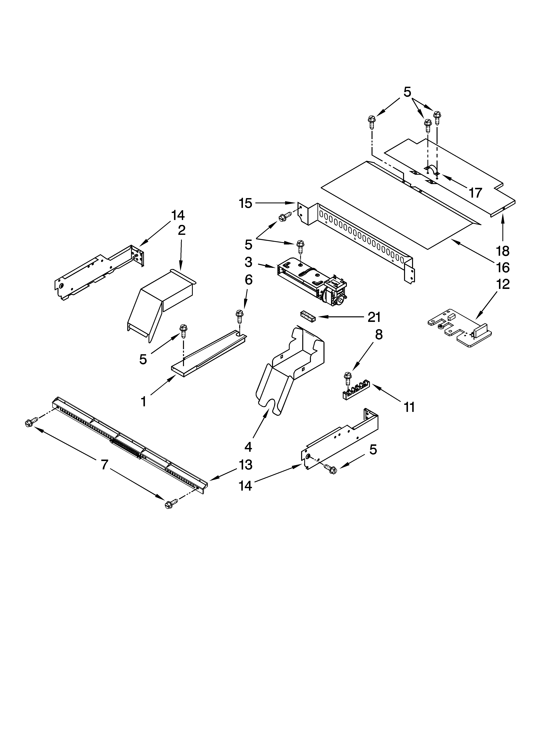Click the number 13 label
[x=246, y=464]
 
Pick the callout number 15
[x=246, y=203]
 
